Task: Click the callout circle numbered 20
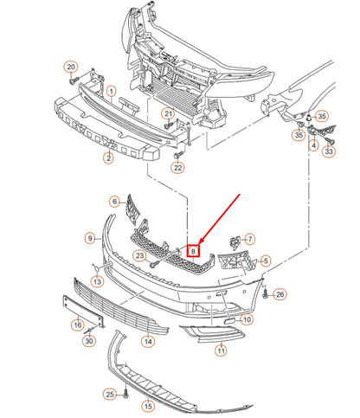(x=71, y=68)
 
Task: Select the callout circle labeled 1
(x=111, y=91)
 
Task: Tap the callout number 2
(x=109, y=158)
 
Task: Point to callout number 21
(x=169, y=113)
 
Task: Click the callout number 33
(x=329, y=152)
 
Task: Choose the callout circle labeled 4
(x=313, y=145)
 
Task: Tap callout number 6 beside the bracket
(x=114, y=201)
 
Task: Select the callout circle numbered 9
(x=89, y=237)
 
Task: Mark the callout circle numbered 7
(x=250, y=239)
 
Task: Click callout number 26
(x=280, y=295)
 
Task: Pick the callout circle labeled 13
(x=98, y=282)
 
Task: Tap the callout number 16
(x=77, y=325)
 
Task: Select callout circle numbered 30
(x=88, y=341)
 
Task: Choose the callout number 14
(x=148, y=342)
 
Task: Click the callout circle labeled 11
(x=221, y=350)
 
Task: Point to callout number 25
(x=110, y=395)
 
